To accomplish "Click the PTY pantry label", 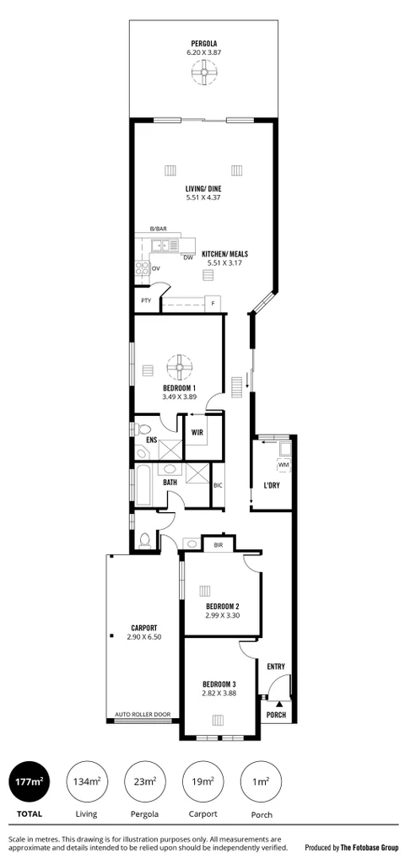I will point(146,300).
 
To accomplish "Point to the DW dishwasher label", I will point(188,257).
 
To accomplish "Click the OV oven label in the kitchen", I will point(155,268).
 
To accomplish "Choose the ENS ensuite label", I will point(151,440).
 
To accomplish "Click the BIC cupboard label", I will point(218,485).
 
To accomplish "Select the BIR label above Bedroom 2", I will point(218,545).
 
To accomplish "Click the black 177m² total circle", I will point(30,781).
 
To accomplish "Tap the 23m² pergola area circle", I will point(144,781).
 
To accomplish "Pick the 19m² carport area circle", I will point(202,781).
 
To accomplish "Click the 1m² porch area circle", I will point(260,781).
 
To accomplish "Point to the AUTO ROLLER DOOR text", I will point(143,715).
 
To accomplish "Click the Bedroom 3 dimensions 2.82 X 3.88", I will point(219,694).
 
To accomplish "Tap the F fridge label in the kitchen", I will point(213,302).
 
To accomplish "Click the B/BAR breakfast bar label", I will point(158,230).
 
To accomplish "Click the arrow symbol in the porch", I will point(278,702).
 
